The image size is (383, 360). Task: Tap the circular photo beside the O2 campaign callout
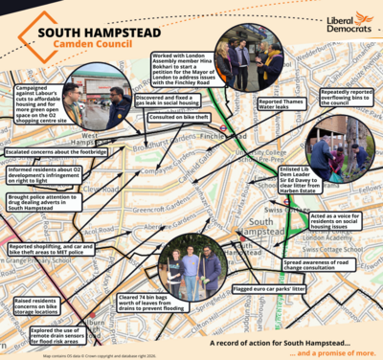[107, 107]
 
